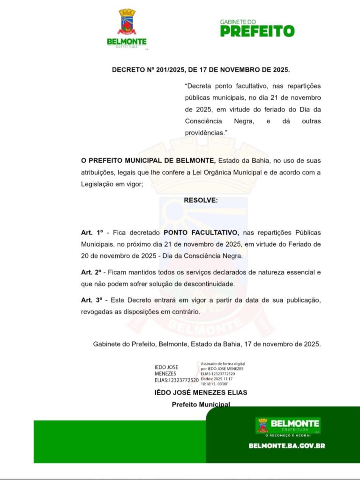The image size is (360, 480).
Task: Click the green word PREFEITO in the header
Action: (257, 31)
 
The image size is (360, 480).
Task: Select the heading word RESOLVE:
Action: (201, 200)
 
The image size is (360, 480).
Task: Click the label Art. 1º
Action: (91, 232)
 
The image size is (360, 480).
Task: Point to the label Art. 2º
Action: (91, 272)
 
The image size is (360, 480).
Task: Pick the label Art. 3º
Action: (91, 300)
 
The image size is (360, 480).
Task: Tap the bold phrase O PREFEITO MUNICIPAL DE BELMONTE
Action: (148, 160)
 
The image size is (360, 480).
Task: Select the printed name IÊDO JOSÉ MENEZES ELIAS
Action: (201, 392)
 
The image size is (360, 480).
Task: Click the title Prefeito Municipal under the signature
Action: (201, 404)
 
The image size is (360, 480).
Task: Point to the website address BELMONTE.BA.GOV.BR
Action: (287, 446)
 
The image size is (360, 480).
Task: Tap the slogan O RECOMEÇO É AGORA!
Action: (288, 435)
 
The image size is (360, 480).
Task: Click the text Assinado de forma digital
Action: (223, 364)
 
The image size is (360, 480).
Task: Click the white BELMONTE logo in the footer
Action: (288, 424)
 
